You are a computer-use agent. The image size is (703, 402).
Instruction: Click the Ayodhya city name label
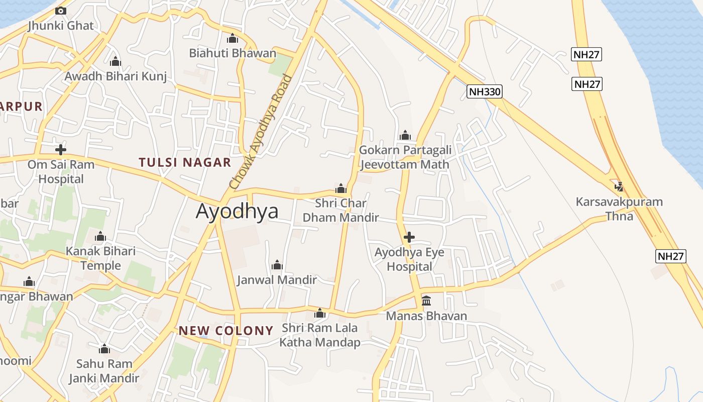[x=237, y=211]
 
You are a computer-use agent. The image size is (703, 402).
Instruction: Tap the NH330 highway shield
[x=484, y=91]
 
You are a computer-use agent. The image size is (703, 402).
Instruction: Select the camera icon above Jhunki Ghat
[x=61, y=11]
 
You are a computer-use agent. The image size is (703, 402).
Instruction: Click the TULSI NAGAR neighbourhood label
[x=185, y=162]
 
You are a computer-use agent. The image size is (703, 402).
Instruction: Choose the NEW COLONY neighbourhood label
[x=226, y=331]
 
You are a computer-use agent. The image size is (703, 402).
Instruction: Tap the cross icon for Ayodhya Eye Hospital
[x=409, y=237]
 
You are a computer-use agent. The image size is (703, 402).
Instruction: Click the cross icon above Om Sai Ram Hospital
[x=61, y=149]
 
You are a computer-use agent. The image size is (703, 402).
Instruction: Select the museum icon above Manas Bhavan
[x=426, y=300]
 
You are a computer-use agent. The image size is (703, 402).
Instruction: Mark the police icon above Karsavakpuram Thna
[x=619, y=187]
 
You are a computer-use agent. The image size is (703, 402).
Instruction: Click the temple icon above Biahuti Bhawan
[x=232, y=38]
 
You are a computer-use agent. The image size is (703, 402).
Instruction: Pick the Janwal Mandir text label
[x=277, y=280]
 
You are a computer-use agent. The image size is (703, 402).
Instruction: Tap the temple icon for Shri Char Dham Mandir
[x=341, y=189]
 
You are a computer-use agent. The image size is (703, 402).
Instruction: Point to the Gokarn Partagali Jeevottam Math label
[x=405, y=157]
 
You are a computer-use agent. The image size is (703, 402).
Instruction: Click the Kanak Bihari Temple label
[x=101, y=258]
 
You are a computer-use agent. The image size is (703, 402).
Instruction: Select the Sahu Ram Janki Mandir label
[x=104, y=370]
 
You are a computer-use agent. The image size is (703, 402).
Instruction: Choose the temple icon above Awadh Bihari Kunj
[x=115, y=61]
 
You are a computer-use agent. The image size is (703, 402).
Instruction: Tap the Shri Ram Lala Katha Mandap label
[x=320, y=335]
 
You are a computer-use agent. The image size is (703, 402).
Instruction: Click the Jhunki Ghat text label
[x=61, y=26]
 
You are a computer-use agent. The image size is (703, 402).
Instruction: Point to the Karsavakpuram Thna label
[x=619, y=209]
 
